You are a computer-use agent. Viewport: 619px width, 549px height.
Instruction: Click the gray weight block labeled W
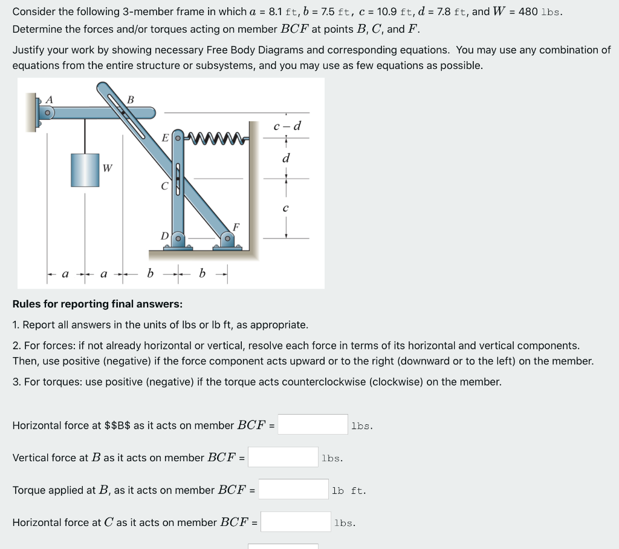[85, 169]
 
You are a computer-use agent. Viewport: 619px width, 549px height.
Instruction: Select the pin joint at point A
[46, 113]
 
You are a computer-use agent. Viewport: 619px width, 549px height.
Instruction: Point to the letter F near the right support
[236, 227]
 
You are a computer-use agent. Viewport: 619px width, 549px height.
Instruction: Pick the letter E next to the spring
[164, 138]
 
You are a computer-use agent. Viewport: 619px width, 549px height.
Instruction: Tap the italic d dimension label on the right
[286, 159]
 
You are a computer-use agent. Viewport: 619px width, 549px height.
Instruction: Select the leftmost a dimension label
[66, 274]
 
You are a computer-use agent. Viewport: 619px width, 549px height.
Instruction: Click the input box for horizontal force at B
[313, 425]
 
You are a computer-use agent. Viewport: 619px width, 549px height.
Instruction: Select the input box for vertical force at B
[283, 457]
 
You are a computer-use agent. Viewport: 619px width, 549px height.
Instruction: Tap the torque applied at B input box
[293, 490]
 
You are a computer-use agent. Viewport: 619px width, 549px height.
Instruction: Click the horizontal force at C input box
[296, 522]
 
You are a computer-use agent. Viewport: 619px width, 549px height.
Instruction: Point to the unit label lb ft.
[349, 490]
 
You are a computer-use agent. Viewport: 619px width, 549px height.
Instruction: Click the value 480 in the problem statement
[528, 12]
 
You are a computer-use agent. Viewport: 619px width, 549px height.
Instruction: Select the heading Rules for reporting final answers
[97, 304]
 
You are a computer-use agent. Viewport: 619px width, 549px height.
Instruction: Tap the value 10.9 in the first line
[387, 12]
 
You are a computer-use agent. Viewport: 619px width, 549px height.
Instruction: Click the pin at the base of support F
[228, 239]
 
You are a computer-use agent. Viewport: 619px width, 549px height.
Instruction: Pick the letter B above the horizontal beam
[130, 99]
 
